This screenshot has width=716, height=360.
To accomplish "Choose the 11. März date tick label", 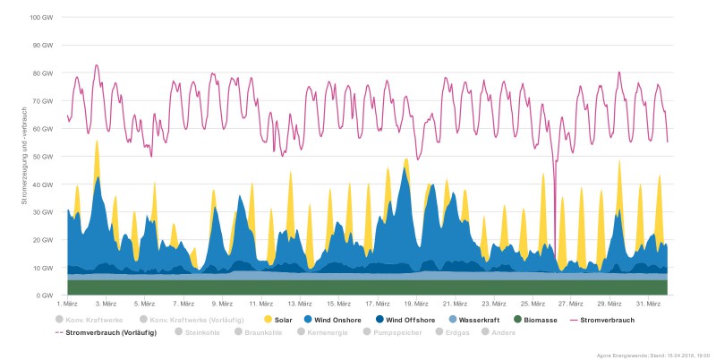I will pyautogui.click(x=260, y=304).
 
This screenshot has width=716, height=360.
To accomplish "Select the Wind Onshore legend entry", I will pyautogui.click(x=334, y=319).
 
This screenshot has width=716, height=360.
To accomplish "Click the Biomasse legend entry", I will pyautogui.click(x=540, y=319).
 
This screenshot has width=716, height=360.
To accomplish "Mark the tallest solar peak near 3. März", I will pyautogui.click(x=97, y=141).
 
